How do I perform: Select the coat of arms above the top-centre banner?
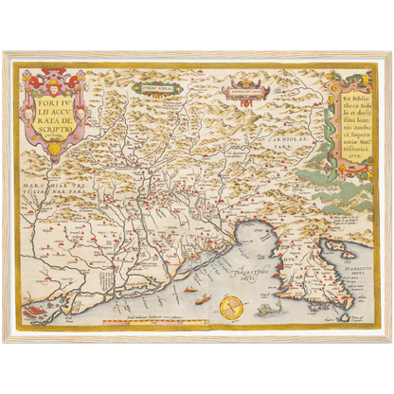[244, 86]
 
